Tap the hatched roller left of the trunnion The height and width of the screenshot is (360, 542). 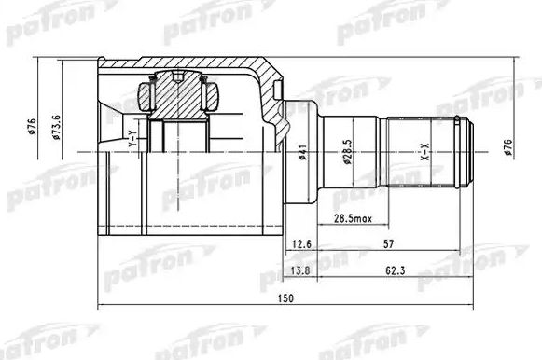click(146, 95)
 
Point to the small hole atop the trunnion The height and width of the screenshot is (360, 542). click(175, 76)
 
